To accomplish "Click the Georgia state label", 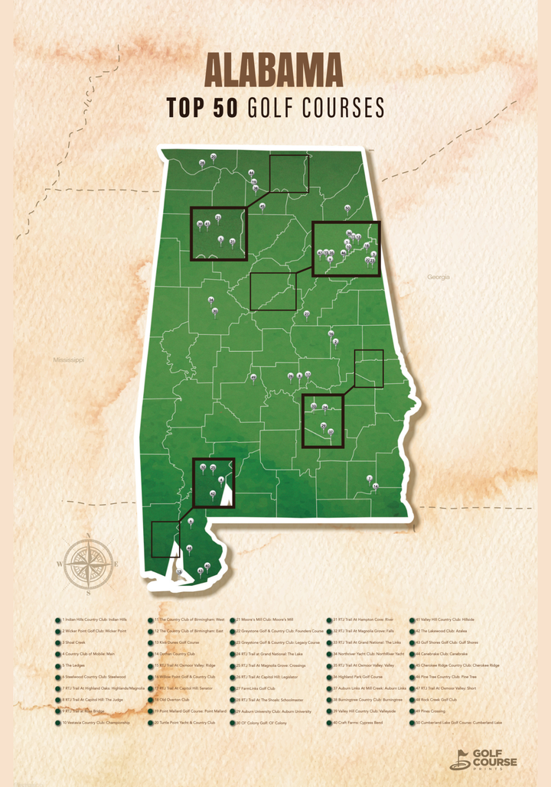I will pos(439,277).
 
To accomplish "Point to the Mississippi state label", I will pos(68,359).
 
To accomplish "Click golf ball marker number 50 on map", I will pos(347,207).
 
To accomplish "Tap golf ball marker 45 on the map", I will pos(262,206).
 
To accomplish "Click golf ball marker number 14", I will pos(375,486).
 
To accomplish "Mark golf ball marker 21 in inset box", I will pos(218,217).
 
